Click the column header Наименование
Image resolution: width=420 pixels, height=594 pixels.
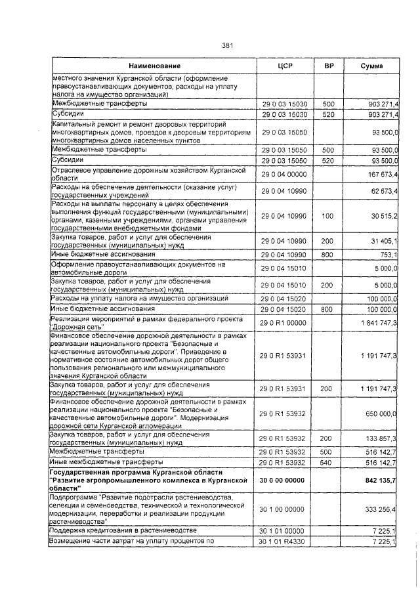click(x=154, y=67)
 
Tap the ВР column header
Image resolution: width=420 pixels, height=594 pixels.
click(x=329, y=67)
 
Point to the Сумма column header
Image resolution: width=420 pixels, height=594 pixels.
click(x=372, y=67)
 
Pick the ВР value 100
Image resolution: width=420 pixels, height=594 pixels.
click(x=328, y=215)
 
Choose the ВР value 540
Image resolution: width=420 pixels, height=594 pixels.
click(x=328, y=463)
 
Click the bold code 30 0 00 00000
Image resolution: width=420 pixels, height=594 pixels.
click(x=285, y=480)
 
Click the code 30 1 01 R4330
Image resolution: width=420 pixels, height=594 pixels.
click(x=285, y=540)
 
